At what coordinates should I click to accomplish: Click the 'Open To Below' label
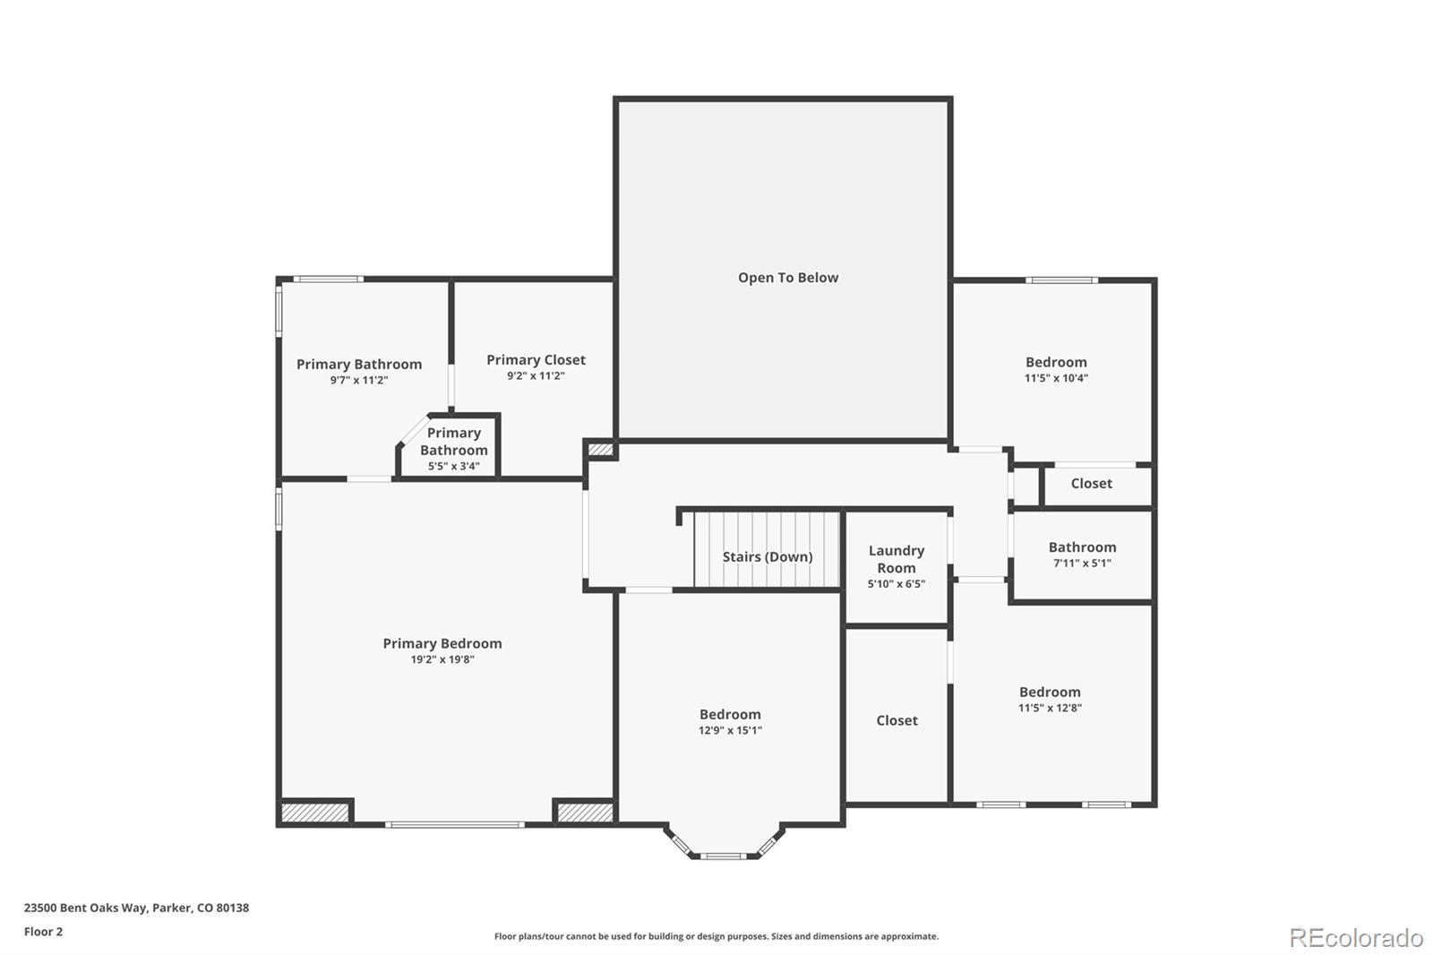click(x=787, y=278)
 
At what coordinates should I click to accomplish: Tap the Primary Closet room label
click(x=536, y=360)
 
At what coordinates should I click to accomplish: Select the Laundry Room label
click(x=896, y=559)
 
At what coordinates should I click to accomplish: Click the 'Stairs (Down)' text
click(x=768, y=556)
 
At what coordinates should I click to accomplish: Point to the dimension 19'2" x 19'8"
click(x=442, y=659)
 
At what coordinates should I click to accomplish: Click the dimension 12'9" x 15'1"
click(x=730, y=730)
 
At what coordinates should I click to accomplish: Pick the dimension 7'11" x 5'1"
click(x=1082, y=564)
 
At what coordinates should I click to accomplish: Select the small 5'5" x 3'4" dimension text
click(x=453, y=466)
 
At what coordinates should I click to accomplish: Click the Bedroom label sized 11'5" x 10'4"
click(x=1056, y=362)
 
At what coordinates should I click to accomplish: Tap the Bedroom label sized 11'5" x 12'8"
click(x=1050, y=692)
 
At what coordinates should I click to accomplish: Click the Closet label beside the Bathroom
click(x=1091, y=484)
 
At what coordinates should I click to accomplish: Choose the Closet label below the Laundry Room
click(x=897, y=720)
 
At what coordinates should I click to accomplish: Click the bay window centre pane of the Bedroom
click(x=722, y=856)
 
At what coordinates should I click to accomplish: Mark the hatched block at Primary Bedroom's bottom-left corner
click(x=314, y=813)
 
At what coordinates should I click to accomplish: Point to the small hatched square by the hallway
click(x=601, y=449)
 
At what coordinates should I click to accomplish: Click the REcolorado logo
click(x=1355, y=938)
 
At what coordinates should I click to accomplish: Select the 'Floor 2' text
click(x=43, y=932)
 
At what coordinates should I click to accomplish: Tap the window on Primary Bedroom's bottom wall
click(x=455, y=823)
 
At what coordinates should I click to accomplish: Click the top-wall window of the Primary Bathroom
click(x=328, y=280)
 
